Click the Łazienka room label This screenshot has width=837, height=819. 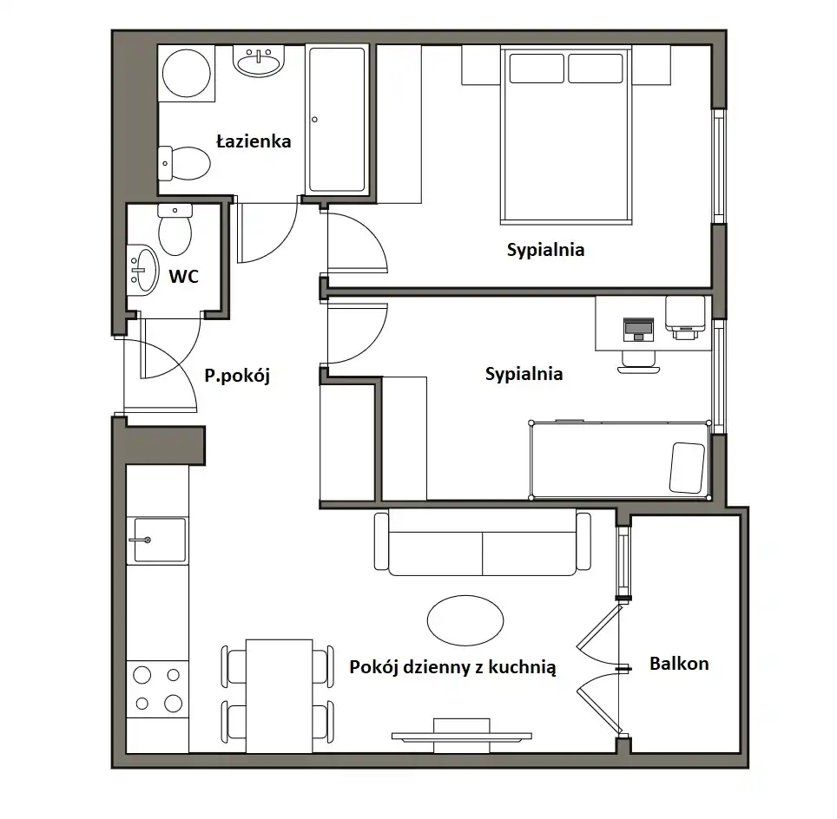tap(254, 141)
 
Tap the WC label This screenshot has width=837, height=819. tap(183, 277)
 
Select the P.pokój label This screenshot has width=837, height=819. tap(237, 376)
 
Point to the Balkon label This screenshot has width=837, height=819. tap(679, 664)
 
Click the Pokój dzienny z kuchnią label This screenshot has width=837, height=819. tap(452, 667)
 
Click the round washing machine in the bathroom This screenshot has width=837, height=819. tap(187, 73)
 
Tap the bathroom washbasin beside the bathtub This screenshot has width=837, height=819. tap(259, 61)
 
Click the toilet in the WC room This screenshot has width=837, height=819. tap(175, 229)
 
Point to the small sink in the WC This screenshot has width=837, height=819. tap(142, 270)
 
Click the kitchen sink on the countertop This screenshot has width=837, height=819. tap(160, 540)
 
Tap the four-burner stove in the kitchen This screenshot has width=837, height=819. tap(157, 690)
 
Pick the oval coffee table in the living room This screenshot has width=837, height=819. tap(465, 620)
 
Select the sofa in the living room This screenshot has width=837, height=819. tap(483, 542)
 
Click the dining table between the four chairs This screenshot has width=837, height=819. tap(280, 696)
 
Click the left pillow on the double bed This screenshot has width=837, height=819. tap(537, 69)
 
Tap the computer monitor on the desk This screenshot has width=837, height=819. tap(638, 329)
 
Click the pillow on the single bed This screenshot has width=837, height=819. tap(687, 468)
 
